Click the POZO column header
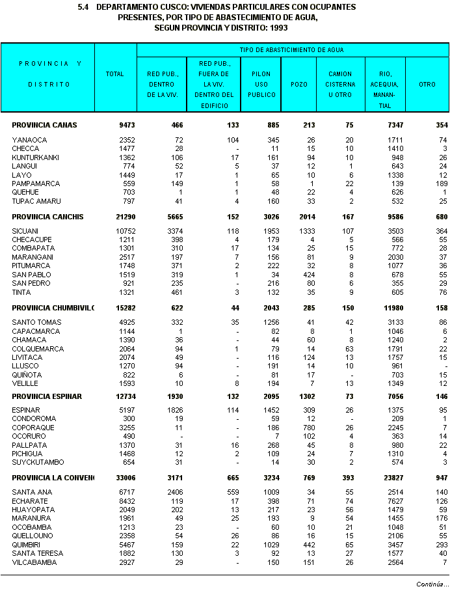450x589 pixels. click(299, 84)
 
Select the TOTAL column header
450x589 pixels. click(115, 74)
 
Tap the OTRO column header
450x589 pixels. click(427, 84)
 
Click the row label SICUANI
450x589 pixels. click(25, 231)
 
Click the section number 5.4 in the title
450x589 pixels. click(83, 7)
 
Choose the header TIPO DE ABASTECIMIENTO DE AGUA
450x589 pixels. click(291, 49)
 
